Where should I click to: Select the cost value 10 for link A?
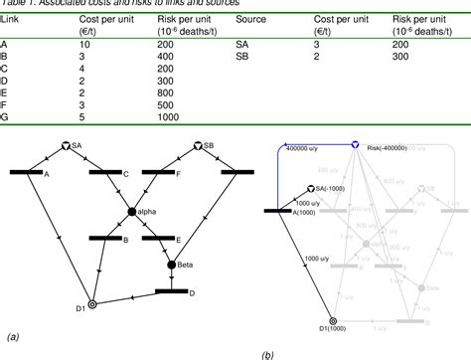(x=84, y=45)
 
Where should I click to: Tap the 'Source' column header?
(x=251, y=19)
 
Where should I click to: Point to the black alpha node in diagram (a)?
(x=132, y=211)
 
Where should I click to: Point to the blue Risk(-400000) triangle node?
(x=355, y=146)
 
